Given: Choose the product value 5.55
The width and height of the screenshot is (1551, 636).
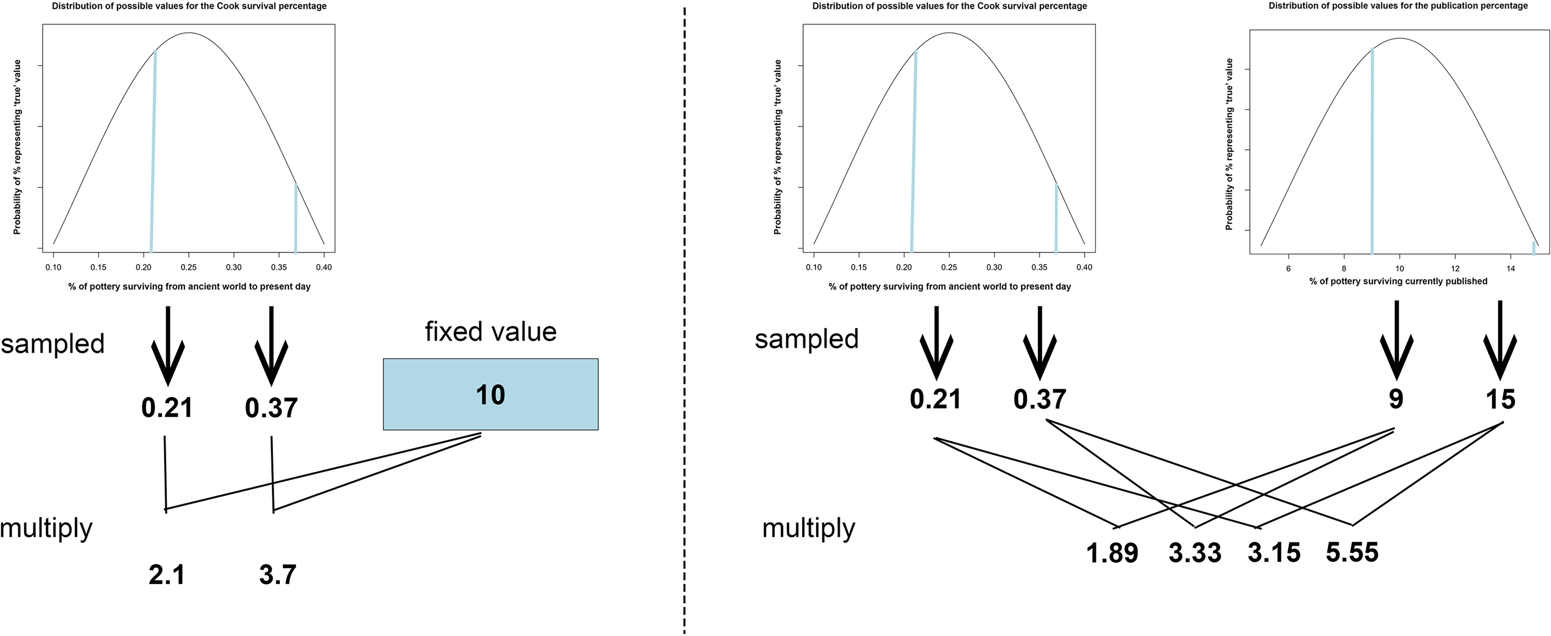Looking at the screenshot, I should click(x=1352, y=552).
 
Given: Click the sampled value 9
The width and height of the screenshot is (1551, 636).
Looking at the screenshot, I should click(x=1396, y=399).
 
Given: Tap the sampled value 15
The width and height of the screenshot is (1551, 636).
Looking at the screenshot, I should click(x=1500, y=399).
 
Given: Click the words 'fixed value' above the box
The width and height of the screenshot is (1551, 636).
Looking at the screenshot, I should click(x=490, y=332).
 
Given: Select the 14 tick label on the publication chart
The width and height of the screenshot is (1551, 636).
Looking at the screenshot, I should click(x=1510, y=268).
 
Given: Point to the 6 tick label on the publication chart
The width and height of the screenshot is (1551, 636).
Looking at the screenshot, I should click(x=1289, y=268).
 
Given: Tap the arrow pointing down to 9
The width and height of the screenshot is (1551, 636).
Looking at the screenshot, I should click(x=1396, y=340).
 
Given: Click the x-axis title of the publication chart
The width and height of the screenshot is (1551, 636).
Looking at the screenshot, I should click(x=1398, y=281).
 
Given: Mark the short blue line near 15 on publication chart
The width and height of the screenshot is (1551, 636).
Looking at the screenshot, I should click(x=1534, y=248).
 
